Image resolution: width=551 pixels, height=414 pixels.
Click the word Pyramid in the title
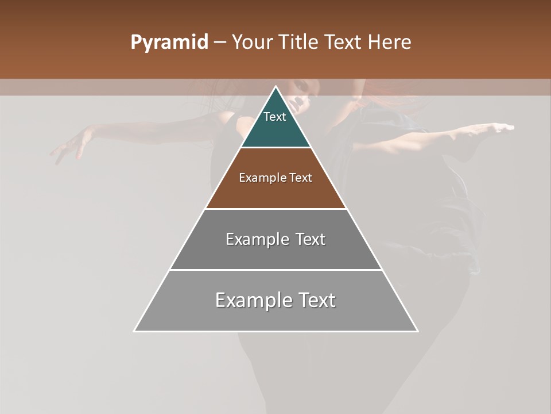point(169,43)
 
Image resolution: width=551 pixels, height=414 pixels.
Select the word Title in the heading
point(298,43)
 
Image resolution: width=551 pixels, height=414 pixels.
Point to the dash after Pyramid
point(220,43)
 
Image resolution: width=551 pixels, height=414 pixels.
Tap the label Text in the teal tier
point(275,117)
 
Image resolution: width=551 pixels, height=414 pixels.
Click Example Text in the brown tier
point(275,178)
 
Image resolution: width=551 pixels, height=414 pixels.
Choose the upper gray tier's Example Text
point(275,239)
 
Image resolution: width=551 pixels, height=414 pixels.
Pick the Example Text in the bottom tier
point(275,300)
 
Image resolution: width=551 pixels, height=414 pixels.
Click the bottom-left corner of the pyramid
point(135,331)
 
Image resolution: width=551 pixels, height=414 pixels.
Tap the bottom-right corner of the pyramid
point(417,331)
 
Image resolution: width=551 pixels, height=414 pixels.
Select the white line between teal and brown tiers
point(275,148)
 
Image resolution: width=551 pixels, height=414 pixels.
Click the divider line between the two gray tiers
point(275,270)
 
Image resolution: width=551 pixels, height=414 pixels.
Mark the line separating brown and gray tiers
point(275,209)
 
